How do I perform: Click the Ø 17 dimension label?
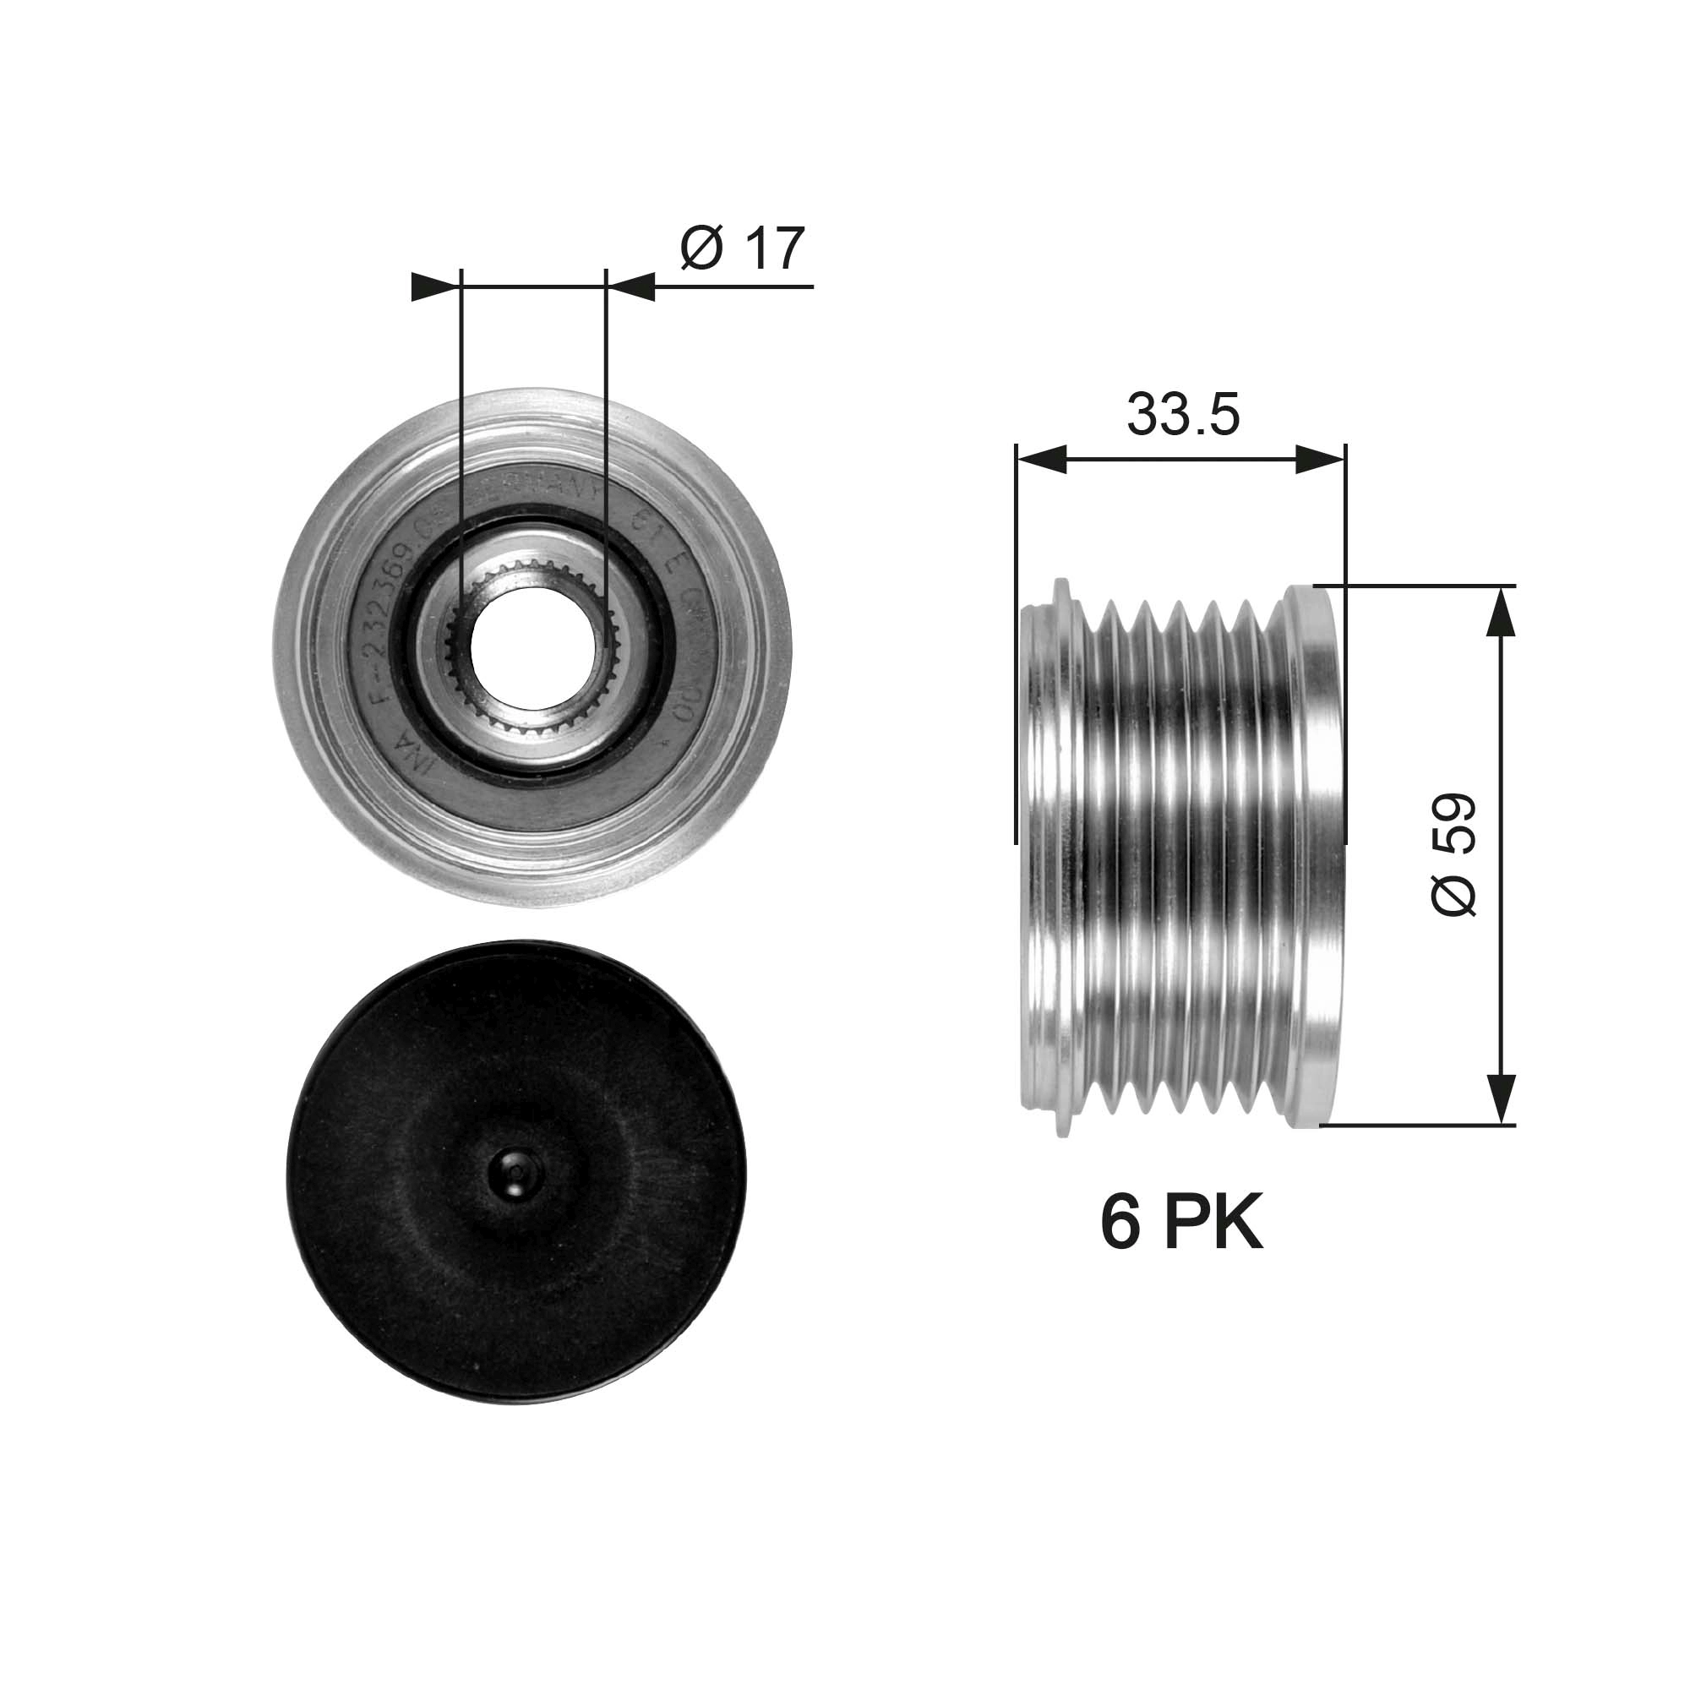742,248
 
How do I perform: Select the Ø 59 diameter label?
1453,854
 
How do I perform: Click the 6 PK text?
1181,1225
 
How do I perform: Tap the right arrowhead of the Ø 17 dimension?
630,286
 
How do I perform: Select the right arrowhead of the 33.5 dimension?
1320,459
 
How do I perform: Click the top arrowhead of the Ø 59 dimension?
1500,612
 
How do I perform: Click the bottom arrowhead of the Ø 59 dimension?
1500,1098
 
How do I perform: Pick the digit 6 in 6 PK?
1119,1225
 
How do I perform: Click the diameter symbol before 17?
701,248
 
